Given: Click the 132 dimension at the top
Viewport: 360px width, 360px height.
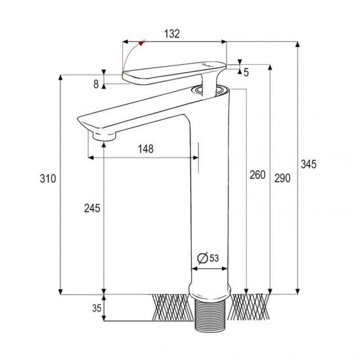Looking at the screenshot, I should (173, 33).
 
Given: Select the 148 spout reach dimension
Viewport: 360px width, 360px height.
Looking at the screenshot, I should (146, 149).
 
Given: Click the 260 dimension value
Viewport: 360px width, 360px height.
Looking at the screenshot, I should (257, 175).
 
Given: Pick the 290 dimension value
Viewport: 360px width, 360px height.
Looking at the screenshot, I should (282, 178).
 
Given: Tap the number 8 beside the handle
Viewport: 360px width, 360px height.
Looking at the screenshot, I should (96, 83).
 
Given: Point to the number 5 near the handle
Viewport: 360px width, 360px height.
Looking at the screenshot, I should (246, 72).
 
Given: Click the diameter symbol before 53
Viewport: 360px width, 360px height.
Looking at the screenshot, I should (202, 258).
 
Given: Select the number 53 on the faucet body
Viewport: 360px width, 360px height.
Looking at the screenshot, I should (214, 258).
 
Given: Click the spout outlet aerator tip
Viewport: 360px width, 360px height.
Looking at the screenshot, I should (105, 135).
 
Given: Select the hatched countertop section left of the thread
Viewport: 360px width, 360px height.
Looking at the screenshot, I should (171, 306).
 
